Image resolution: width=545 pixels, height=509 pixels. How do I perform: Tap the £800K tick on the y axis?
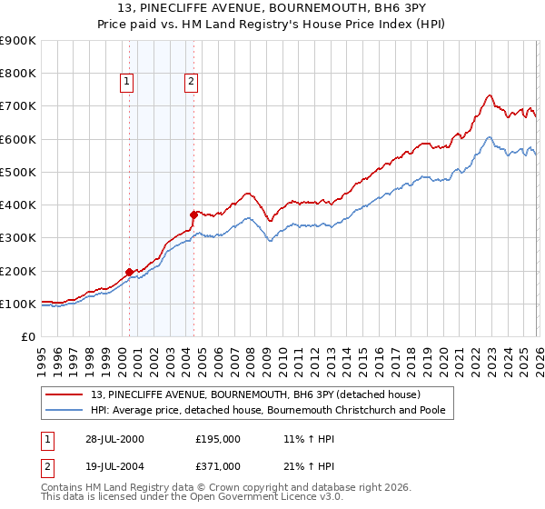pyautogui.click(x=18, y=74)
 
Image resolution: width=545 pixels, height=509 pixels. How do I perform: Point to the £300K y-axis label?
pyautogui.click(x=18, y=238)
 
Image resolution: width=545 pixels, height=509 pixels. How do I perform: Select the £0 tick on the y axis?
pyautogui.click(x=27, y=337)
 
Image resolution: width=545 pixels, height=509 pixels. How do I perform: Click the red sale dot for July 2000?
pyautogui.click(x=130, y=272)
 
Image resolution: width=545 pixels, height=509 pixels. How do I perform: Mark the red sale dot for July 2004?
pyautogui.click(x=193, y=215)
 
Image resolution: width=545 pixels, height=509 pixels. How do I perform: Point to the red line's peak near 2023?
pyautogui.click(x=490, y=95)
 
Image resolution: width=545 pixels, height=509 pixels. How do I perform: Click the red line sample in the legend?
pyautogui.click(x=65, y=395)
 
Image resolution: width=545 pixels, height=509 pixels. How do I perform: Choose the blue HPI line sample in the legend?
pyautogui.click(x=65, y=411)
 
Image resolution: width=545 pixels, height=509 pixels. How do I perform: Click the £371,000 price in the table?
pyautogui.click(x=217, y=466)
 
